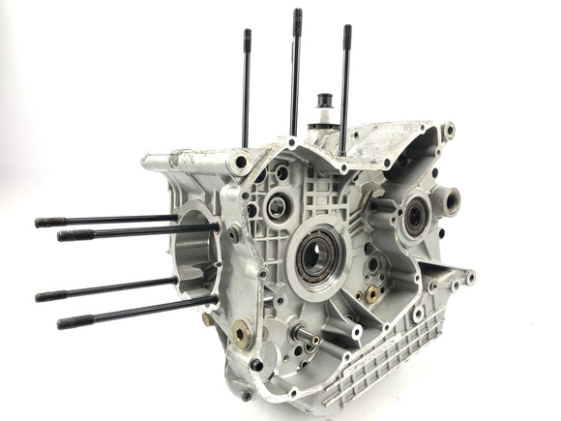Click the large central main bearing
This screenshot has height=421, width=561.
[317, 257]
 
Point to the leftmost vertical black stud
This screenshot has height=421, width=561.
[247, 87]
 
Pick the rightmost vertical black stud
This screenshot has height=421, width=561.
[345, 87]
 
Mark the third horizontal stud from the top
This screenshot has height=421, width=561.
[106, 287]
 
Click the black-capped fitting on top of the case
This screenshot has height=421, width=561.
[325, 103]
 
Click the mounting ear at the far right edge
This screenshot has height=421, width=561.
[469, 279]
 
